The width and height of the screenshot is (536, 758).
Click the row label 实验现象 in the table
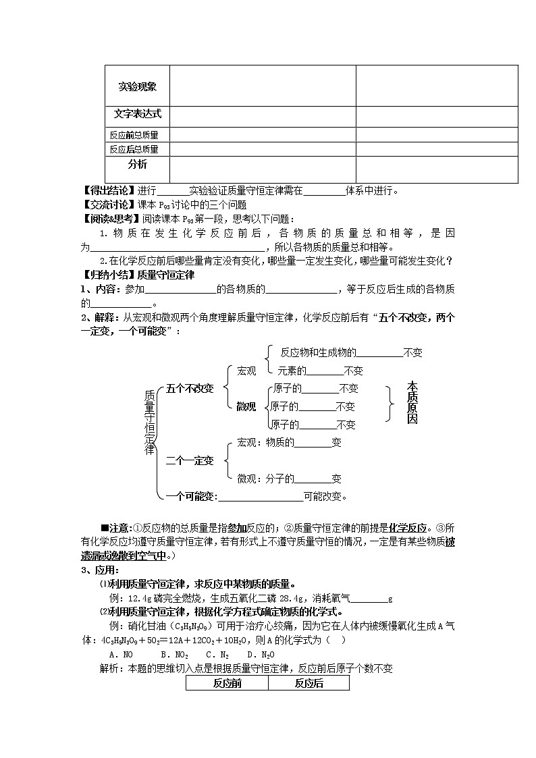click(x=137, y=86)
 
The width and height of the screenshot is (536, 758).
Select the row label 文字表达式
click(x=137, y=114)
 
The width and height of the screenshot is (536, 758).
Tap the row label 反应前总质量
click(x=134, y=135)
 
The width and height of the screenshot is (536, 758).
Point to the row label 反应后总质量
click(x=134, y=149)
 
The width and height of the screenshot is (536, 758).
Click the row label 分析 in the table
click(x=137, y=165)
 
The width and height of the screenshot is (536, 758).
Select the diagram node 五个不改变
click(x=190, y=388)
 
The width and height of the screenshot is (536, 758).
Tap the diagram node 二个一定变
click(x=190, y=461)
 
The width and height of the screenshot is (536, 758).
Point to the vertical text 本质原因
click(x=412, y=402)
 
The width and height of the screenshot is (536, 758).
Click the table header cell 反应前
click(x=227, y=683)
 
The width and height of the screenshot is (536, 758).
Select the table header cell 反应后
click(x=309, y=683)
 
